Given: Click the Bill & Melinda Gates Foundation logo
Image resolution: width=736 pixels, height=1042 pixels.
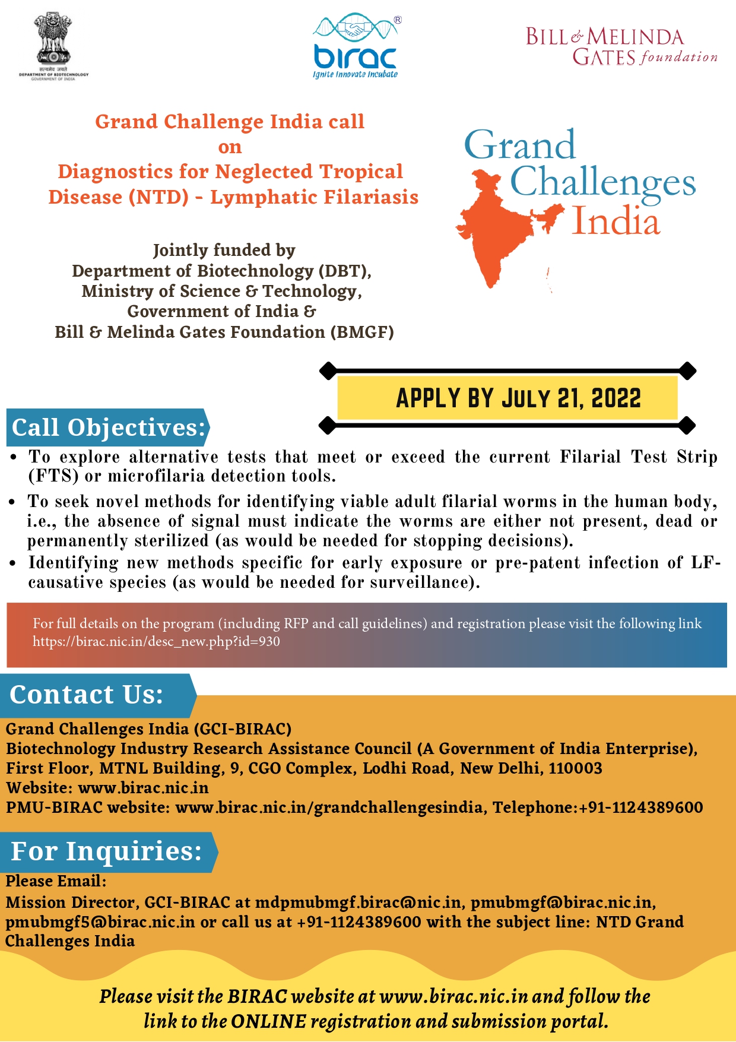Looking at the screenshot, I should coord(621,46).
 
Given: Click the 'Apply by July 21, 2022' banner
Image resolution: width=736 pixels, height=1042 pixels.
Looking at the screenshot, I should coord(507,398).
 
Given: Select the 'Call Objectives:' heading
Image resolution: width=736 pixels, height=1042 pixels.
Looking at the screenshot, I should coord(108,427).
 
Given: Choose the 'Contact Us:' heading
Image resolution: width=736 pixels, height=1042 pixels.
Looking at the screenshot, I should coord(87,695).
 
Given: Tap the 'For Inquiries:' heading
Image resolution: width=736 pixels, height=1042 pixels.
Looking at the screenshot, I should coord(107,851).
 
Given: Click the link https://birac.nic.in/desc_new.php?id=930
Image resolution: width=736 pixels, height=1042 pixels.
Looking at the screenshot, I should coord(156,641).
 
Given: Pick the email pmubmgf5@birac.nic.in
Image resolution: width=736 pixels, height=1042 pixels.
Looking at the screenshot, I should coord(100,922).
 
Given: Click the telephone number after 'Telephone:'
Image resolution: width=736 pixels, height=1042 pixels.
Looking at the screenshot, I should coord(641,807).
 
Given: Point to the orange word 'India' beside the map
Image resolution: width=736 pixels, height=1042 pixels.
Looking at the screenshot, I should coord(616,221).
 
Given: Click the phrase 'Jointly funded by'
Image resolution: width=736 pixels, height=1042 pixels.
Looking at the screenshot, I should coord(224,250).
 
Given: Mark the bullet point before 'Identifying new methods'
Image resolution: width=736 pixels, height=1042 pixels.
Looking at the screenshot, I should coord(12,563).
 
